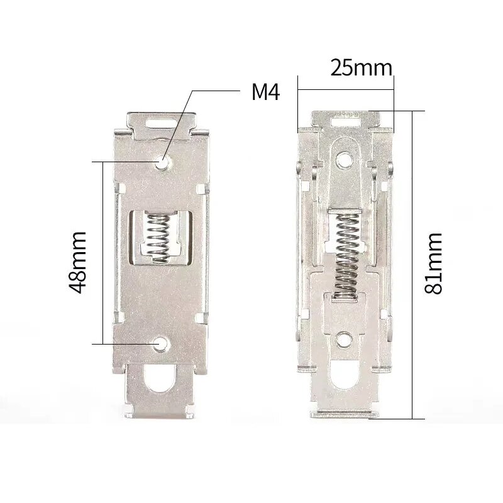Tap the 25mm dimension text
(x=361, y=68)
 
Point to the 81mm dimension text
(x=433, y=264)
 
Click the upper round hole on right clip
(x=343, y=161)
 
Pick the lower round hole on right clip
(x=344, y=340)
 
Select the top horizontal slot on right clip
(x=345, y=118)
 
